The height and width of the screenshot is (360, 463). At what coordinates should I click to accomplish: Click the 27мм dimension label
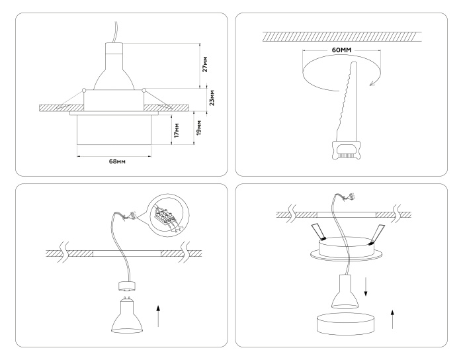[206, 64]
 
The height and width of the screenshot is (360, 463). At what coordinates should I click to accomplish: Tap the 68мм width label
[116, 161]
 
